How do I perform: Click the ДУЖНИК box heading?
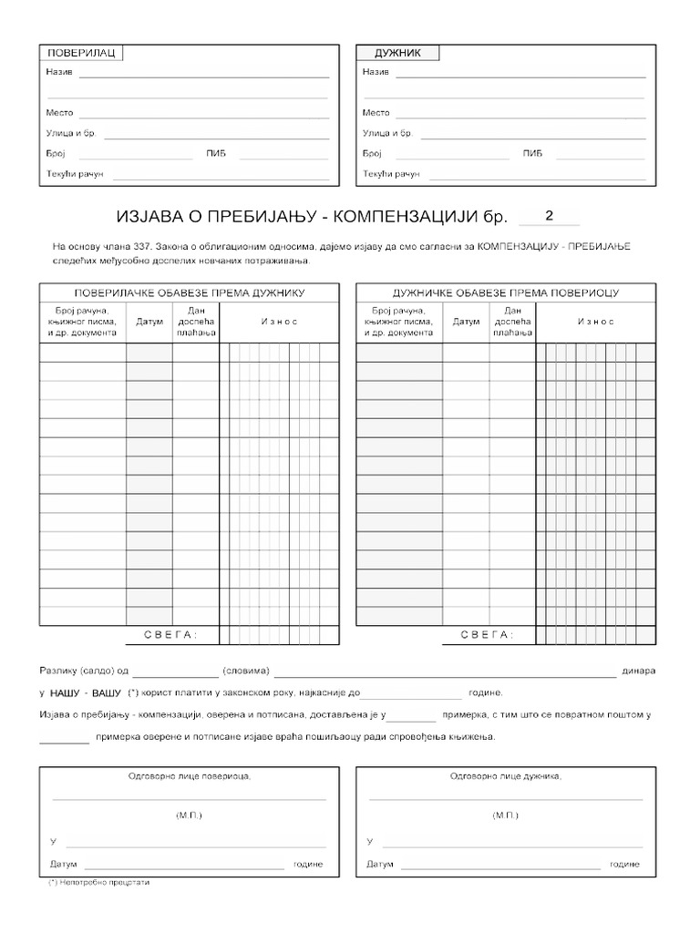(x=397, y=53)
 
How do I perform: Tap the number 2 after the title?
(x=549, y=216)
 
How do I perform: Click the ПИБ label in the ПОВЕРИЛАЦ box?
(x=216, y=153)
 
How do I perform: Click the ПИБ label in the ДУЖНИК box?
(x=532, y=153)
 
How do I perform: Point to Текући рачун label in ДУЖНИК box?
(x=391, y=173)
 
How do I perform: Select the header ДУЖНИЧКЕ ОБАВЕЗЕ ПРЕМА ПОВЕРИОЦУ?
(x=506, y=293)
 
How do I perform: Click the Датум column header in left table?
(x=149, y=322)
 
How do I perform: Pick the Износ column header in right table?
(x=594, y=322)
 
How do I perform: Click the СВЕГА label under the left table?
(x=170, y=634)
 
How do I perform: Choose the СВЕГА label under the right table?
(x=487, y=634)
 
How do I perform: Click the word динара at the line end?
(x=638, y=672)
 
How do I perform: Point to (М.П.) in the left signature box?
(x=189, y=815)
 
